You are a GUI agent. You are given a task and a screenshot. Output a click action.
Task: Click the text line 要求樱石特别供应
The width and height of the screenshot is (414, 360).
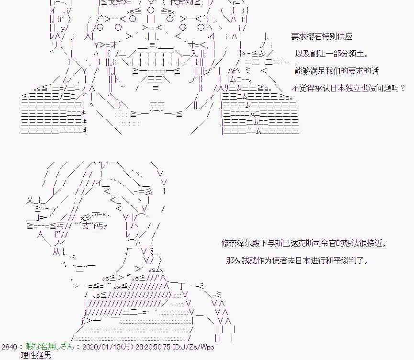point(322,36)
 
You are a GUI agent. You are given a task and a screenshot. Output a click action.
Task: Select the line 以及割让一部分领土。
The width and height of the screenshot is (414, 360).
point(332,54)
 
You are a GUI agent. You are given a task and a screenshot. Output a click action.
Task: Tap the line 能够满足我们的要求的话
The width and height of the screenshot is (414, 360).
point(336,71)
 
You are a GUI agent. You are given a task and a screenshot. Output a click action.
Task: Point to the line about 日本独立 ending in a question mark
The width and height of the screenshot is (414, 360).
point(348,88)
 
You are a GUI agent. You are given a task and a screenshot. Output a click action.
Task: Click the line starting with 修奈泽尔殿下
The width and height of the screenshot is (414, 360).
point(304,243)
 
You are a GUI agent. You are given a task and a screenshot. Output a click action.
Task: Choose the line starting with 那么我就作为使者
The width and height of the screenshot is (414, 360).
point(297,260)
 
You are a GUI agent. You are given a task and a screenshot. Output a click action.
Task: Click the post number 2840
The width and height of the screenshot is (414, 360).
point(9,347)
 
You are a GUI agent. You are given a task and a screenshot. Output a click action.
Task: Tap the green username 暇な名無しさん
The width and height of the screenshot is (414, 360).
point(50,346)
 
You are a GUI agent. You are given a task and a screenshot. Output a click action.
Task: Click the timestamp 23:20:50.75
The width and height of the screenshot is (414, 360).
point(153,347)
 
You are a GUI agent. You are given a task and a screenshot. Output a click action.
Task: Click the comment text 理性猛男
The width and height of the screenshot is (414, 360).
point(36,355)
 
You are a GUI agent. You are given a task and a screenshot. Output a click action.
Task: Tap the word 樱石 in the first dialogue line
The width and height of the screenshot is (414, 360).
point(314,36)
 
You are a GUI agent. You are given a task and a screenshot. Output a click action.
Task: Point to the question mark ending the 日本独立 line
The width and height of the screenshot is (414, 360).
point(403,88)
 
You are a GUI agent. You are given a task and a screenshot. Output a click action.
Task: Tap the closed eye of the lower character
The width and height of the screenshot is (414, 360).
point(94,216)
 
